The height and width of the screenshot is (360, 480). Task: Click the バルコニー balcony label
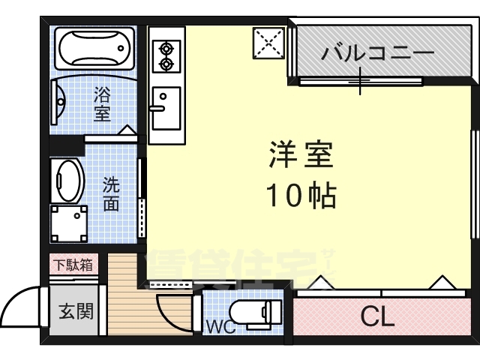[378, 54]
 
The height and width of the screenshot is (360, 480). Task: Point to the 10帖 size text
[301, 196]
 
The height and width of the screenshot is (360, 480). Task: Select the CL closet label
[377, 317]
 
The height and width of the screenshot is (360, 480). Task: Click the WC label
[220, 327]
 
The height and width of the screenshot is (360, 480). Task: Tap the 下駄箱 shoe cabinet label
[73, 265]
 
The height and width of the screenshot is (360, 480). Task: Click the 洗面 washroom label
[111, 194]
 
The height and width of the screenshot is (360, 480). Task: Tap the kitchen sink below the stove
[166, 106]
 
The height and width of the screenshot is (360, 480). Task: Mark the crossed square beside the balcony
[267, 42]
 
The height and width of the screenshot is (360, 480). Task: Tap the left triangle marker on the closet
[320, 283]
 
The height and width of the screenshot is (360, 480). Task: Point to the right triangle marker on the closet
[441, 283]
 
